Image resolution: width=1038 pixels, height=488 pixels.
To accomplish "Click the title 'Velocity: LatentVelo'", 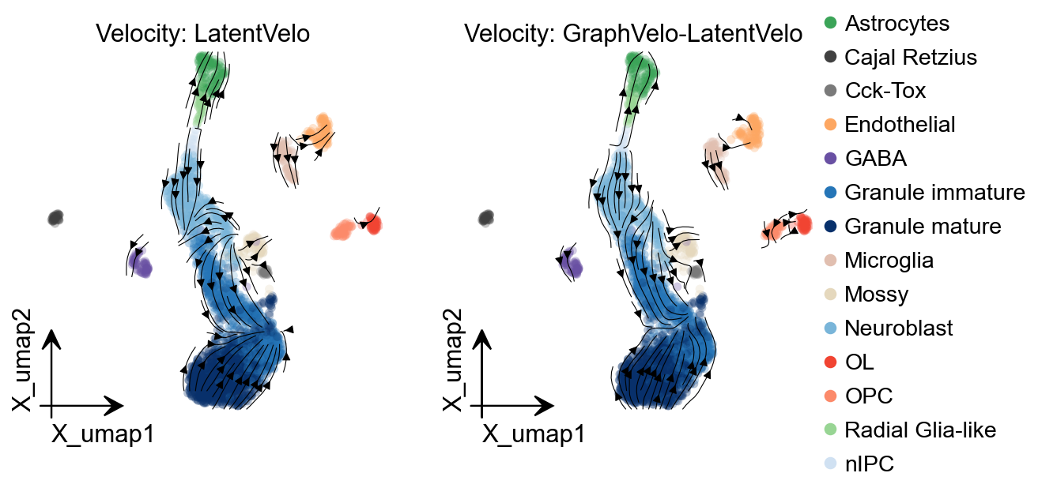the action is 202,34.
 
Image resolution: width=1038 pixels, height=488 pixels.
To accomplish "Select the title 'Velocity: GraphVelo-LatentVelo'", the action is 633,34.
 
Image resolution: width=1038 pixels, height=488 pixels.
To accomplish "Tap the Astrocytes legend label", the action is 897,23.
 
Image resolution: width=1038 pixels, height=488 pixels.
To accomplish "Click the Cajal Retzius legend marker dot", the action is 831,57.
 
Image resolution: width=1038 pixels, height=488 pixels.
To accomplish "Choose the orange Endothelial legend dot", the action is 831,125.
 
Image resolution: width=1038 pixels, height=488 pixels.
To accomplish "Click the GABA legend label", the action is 875,159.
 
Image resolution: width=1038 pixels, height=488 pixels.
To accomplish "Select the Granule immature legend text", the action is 934,192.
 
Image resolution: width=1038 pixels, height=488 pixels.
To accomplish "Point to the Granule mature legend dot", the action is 831,227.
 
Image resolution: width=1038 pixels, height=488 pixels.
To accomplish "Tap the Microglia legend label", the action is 889,261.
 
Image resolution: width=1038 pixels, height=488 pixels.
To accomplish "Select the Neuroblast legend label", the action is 899,328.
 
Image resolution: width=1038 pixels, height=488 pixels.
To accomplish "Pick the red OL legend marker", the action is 831,362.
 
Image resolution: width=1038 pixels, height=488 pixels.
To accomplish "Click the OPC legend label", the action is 868,396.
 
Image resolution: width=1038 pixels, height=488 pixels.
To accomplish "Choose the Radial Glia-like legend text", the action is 920,430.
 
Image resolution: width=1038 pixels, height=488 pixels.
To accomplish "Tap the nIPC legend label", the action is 870,464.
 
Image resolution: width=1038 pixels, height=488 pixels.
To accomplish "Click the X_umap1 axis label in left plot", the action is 103,434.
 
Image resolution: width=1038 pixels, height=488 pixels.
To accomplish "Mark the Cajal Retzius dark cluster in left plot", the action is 55,218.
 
